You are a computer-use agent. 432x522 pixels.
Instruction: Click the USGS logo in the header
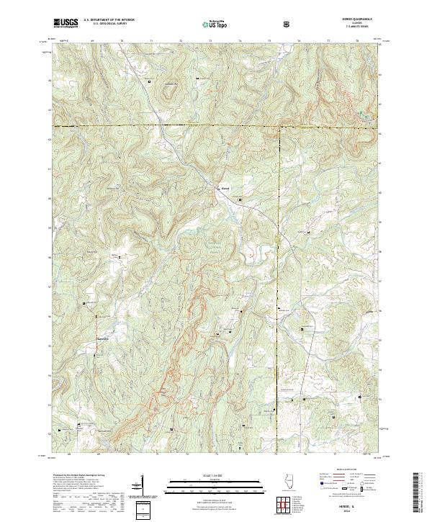[x=66, y=24]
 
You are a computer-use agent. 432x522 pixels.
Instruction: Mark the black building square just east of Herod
[x=240, y=199]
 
